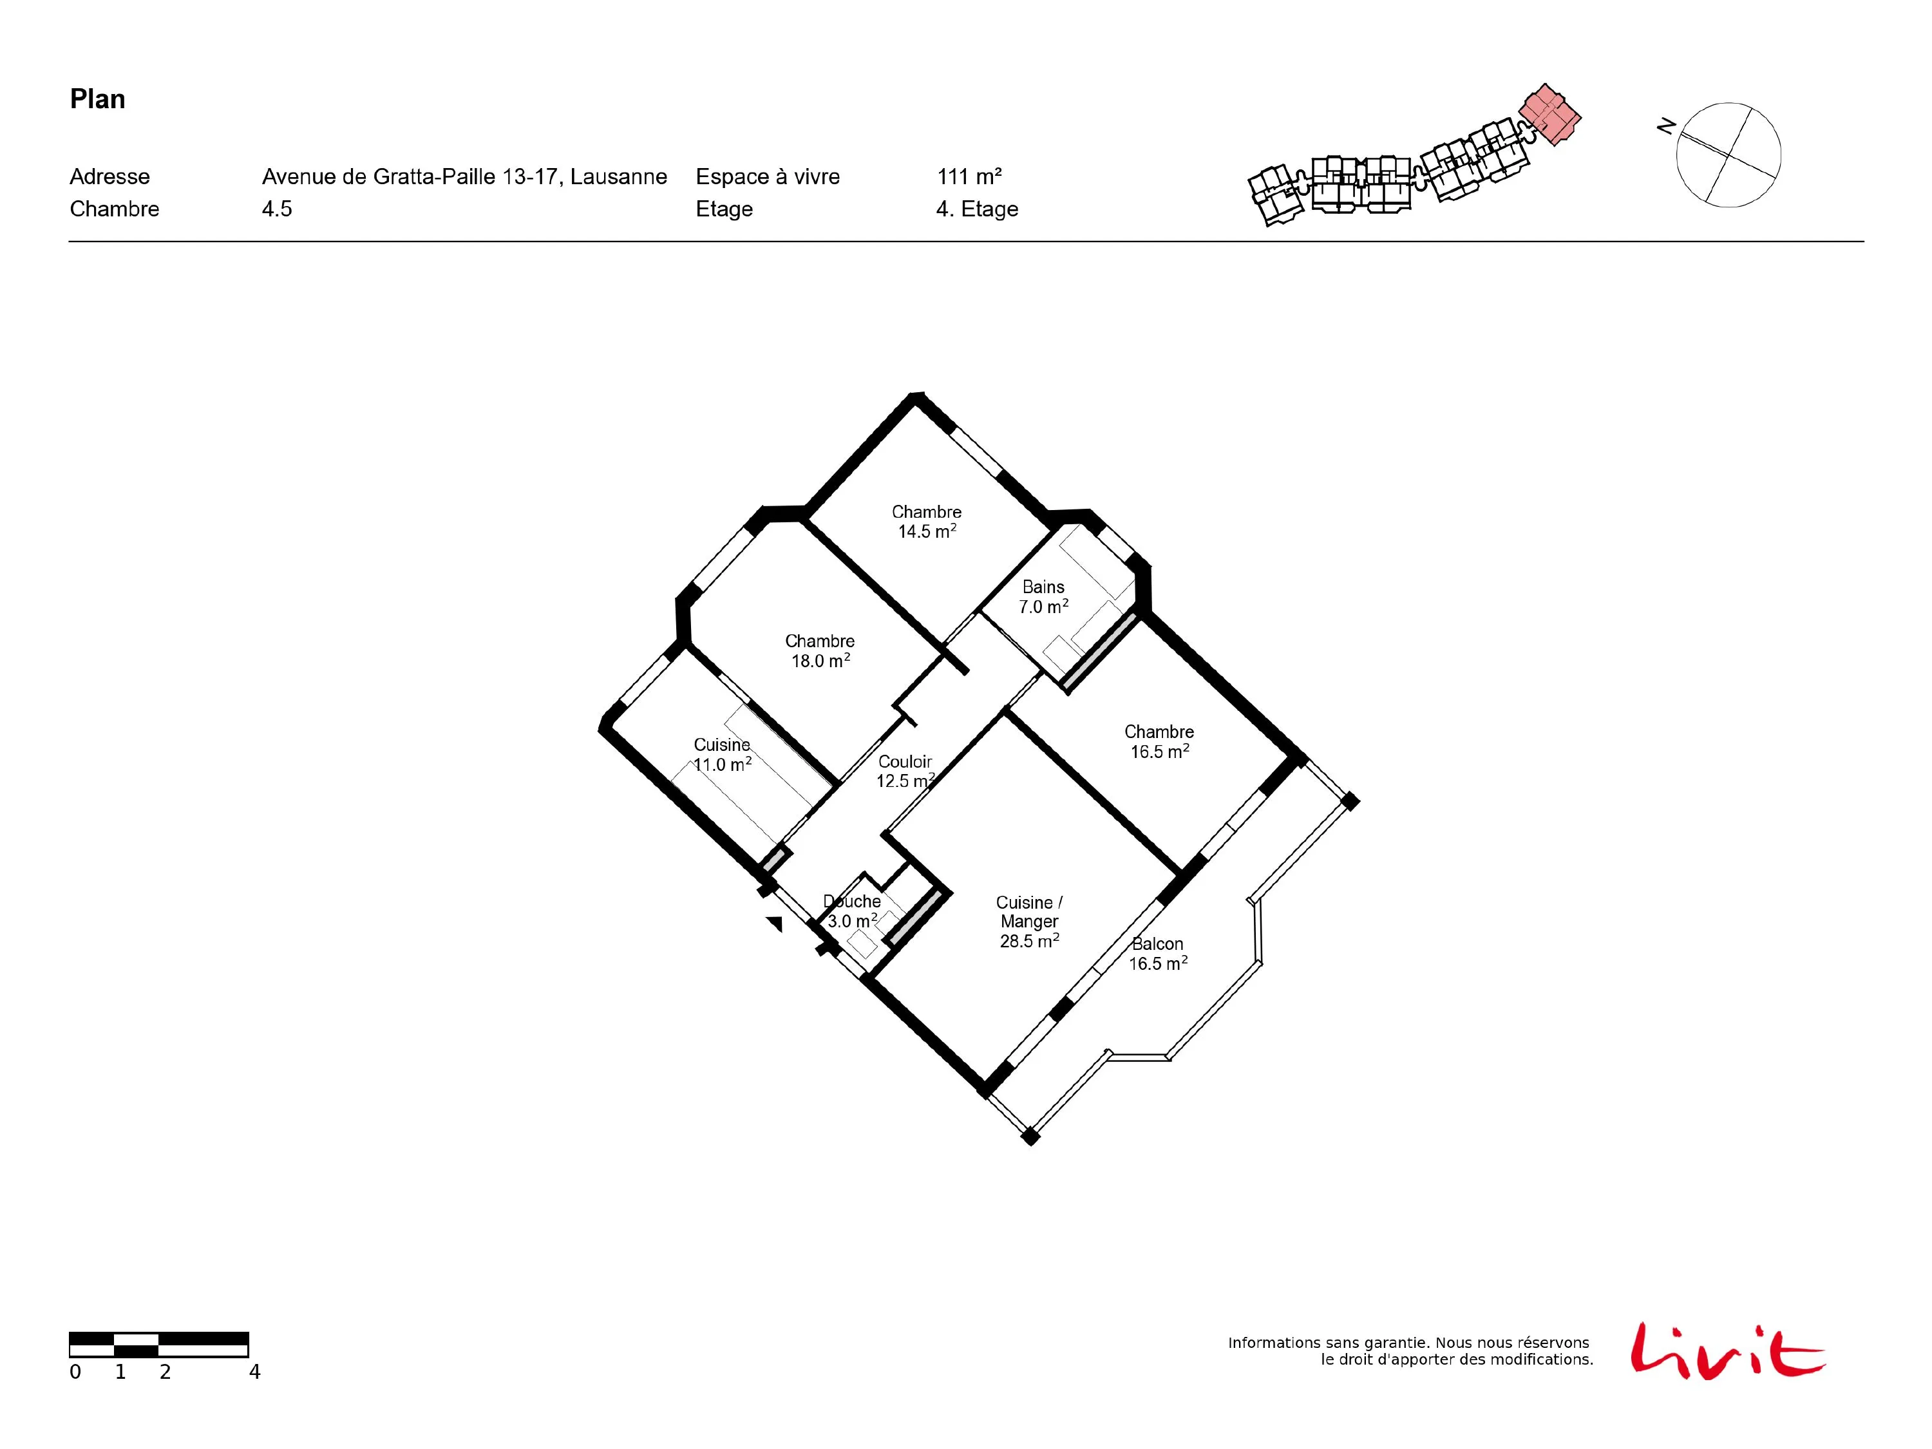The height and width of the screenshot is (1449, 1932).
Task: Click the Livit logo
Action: click(1727, 1351)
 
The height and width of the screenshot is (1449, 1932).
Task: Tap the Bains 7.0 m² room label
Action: click(1044, 596)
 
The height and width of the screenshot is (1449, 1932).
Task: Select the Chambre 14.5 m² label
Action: click(927, 522)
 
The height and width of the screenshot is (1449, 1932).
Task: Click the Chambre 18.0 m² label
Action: click(820, 650)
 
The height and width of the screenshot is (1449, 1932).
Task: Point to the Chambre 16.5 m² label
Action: click(1159, 741)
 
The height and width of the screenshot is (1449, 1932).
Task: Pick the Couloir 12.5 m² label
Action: click(905, 772)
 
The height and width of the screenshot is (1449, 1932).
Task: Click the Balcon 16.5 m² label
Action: click(1158, 953)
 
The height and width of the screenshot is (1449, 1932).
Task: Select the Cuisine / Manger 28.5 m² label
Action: click(1030, 922)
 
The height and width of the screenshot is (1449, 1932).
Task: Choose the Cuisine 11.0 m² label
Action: click(723, 755)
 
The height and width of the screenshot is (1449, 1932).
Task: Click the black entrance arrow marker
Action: click(775, 923)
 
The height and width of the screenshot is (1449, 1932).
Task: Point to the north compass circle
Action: click(1728, 155)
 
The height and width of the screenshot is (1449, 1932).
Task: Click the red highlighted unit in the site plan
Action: click(1550, 115)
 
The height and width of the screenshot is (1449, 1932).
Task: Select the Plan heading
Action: click(98, 99)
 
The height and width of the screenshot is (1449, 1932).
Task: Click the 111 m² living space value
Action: click(969, 176)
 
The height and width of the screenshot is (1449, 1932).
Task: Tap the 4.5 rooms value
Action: click(277, 209)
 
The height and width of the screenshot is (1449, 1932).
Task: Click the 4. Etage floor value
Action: click(978, 209)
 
